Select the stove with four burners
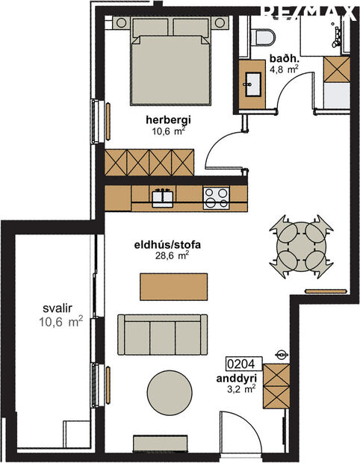(217, 198)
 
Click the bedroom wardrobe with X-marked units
(149, 163)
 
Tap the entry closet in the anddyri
(276, 384)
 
